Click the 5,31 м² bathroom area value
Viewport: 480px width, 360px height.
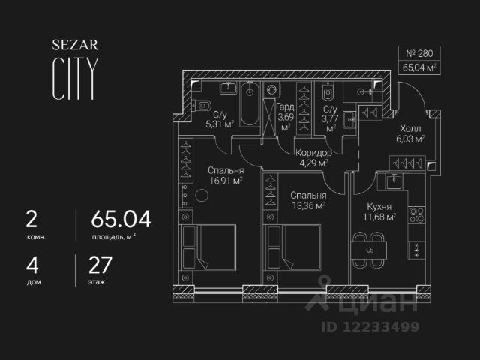220,125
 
